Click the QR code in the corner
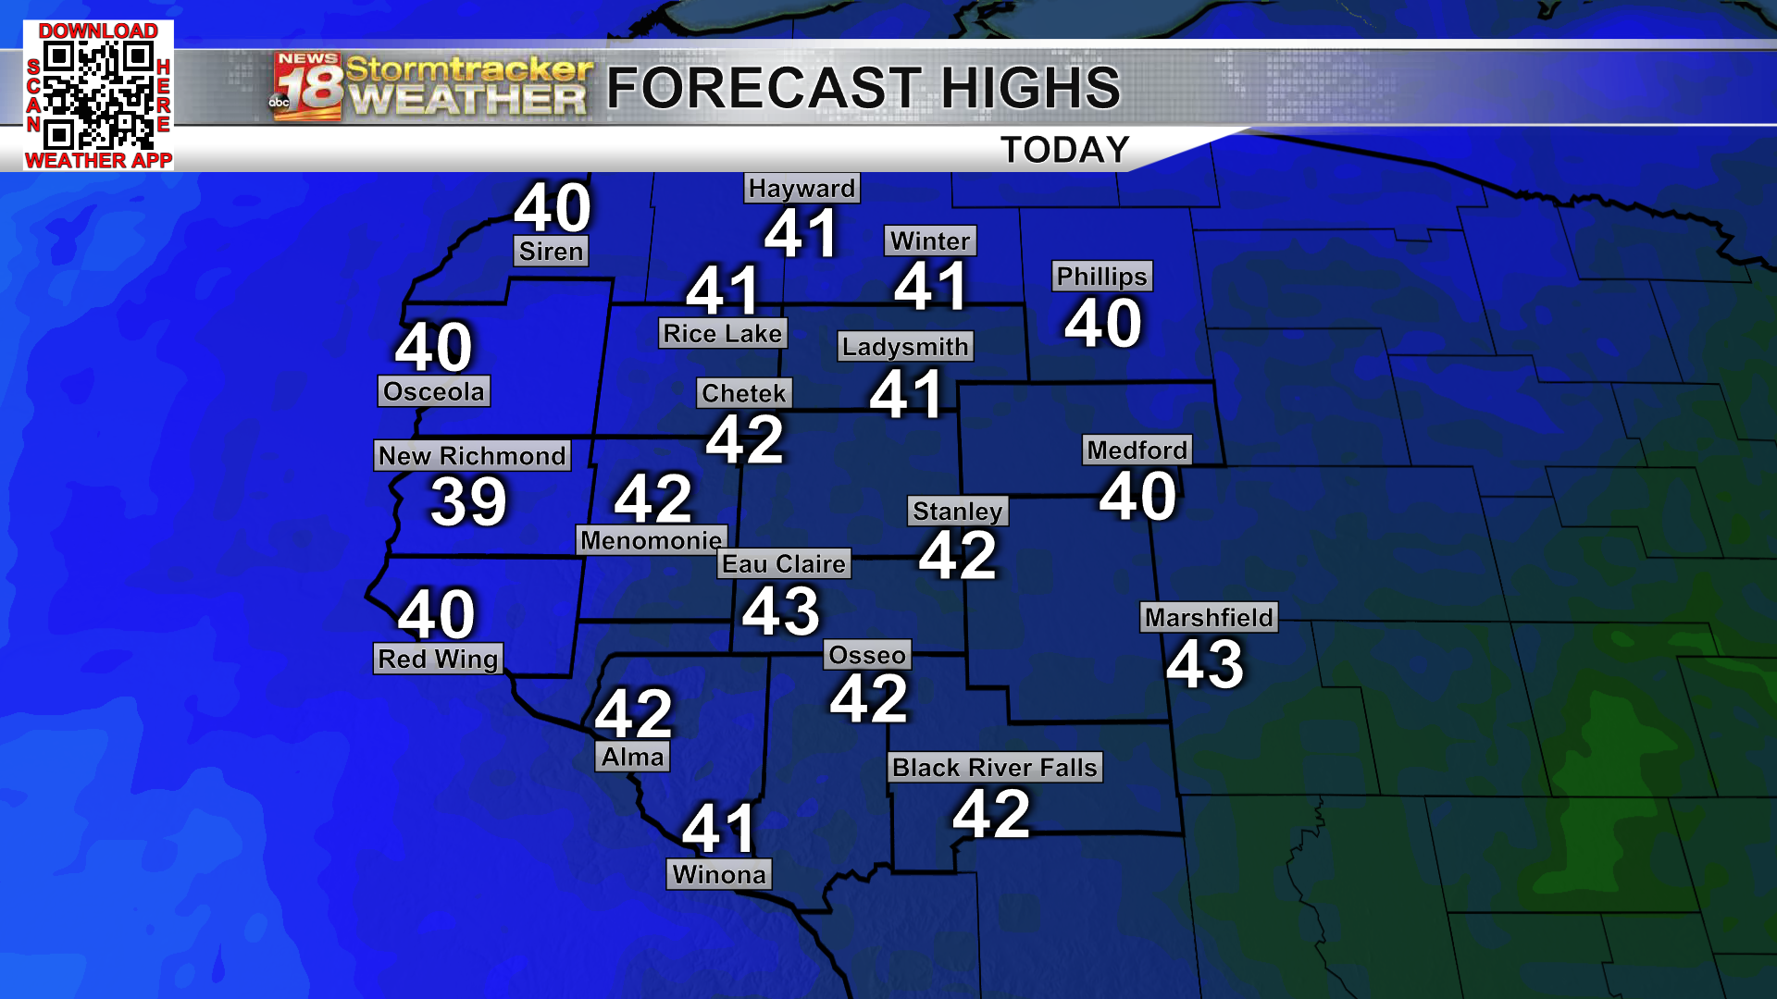[x=98, y=95]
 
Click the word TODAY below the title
[x=1065, y=150]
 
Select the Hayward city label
[x=802, y=189]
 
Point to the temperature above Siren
[x=553, y=207]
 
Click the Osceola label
[x=434, y=391]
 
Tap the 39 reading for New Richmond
[x=469, y=502]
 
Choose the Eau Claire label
[x=784, y=564]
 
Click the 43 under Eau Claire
[x=781, y=611]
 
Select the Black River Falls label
[x=995, y=768]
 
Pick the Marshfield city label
[x=1209, y=618]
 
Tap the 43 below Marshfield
[x=1205, y=664]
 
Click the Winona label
[x=719, y=875]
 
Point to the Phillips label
[x=1101, y=277]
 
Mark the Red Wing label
[x=438, y=660]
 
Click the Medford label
[x=1137, y=450]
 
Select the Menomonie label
[x=652, y=540]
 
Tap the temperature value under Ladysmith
[x=907, y=394]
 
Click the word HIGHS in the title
[x=1030, y=88]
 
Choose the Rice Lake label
[x=723, y=334]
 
